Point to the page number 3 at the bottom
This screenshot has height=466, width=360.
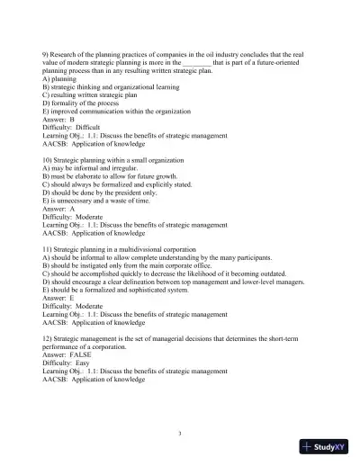coord(179,433)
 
